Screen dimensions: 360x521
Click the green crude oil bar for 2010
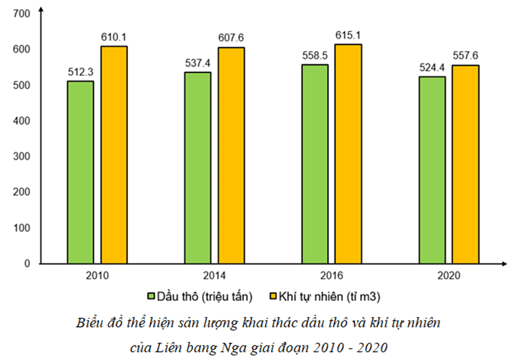pyautogui.click(x=80, y=172)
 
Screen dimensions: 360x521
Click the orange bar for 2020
pyautogui.click(x=466, y=164)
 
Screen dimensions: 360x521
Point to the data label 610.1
pyautogui.click(x=114, y=37)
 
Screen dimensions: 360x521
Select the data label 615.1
pyautogui.click(x=348, y=35)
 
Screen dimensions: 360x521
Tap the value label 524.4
pyautogui.click(x=432, y=68)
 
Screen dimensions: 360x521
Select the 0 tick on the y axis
pyautogui.click(x=27, y=264)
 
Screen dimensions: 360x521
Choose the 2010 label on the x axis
pyautogui.click(x=97, y=275)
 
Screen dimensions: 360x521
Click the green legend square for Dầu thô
pyautogui.click(x=151, y=296)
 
